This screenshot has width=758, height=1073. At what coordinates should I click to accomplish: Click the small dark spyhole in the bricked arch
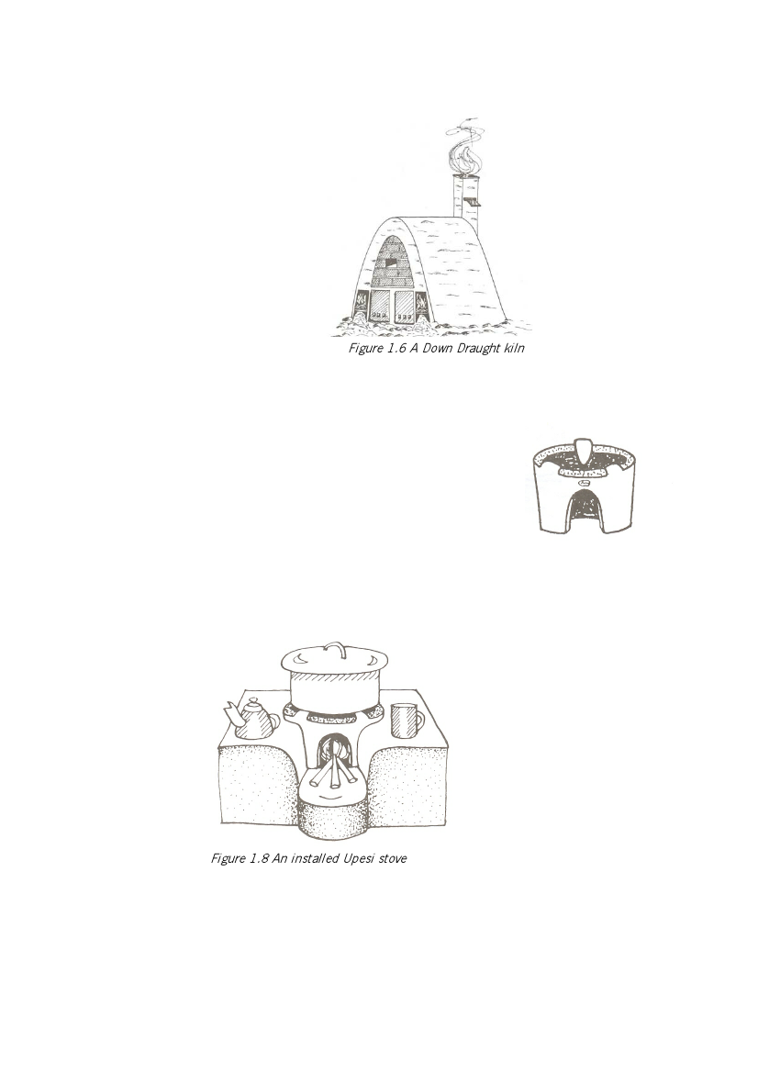coord(391,263)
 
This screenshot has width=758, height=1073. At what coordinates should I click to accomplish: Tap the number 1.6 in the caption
coord(396,348)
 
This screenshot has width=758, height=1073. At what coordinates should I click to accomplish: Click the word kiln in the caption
coord(515,348)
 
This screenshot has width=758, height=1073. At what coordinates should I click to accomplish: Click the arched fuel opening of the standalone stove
coord(585,509)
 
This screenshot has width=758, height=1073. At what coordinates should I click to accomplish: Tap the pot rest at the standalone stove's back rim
coord(583,450)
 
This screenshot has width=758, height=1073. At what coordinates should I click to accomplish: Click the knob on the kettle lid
coord(254,700)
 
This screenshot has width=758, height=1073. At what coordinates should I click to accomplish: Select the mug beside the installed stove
coord(407,720)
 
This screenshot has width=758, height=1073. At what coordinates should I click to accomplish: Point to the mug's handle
coord(418,721)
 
